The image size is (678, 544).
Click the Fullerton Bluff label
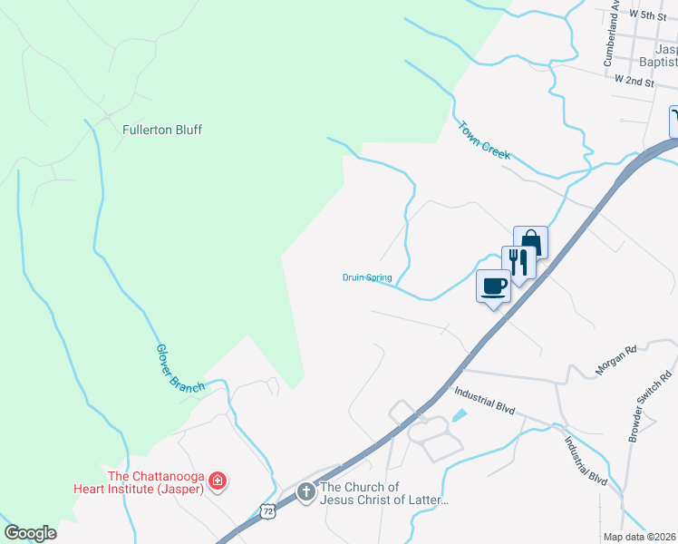162,130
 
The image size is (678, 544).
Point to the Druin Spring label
366,278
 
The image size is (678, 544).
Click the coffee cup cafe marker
494,287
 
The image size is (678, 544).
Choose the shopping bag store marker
531,243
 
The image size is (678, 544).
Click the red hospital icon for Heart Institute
218,481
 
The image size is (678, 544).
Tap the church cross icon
306,493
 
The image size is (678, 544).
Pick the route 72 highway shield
268,512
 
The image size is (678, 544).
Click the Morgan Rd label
616,360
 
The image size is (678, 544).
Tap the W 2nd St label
634,82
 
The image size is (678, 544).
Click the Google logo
31,533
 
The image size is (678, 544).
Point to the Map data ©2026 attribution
640,537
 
